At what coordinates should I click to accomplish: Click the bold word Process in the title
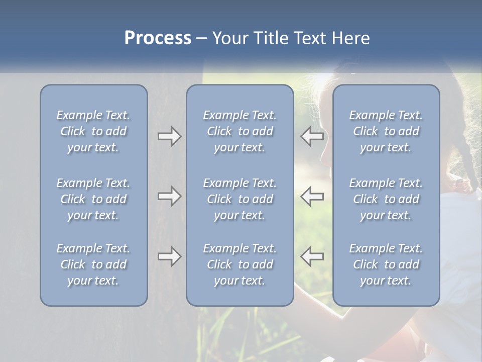pyautogui.click(x=158, y=38)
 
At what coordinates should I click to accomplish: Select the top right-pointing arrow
pyautogui.click(x=170, y=136)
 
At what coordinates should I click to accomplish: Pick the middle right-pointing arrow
pyautogui.click(x=170, y=196)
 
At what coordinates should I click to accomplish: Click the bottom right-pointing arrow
pyautogui.click(x=170, y=256)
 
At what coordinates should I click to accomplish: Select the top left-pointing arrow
pyautogui.click(x=312, y=136)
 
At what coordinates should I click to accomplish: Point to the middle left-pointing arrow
pyautogui.click(x=312, y=196)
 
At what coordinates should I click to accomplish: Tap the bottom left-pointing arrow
pyautogui.click(x=312, y=256)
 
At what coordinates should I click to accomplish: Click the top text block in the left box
pyautogui.click(x=93, y=131)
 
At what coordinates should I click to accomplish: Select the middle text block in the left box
pyautogui.click(x=93, y=199)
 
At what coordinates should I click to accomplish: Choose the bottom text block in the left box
pyautogui.click(x=93, y=264)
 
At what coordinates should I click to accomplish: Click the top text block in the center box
pyautogui.click(x=240, y=131)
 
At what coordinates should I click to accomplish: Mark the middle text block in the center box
pyautogui.click(x=240, y=199)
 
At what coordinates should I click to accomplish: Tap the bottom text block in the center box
pyautogui.click(x=240, y=264)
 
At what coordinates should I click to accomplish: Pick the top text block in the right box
pyautogui.click(x=386, y=131)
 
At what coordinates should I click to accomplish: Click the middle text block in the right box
pyautogui.click(x=386, y=199)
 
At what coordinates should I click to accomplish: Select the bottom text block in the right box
pyautogui.click(x=386, y=264)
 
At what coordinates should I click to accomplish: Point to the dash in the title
pyautogui.click(x=202, y=39)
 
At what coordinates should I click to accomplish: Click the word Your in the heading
pyautogui.click(x=229, y=38)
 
